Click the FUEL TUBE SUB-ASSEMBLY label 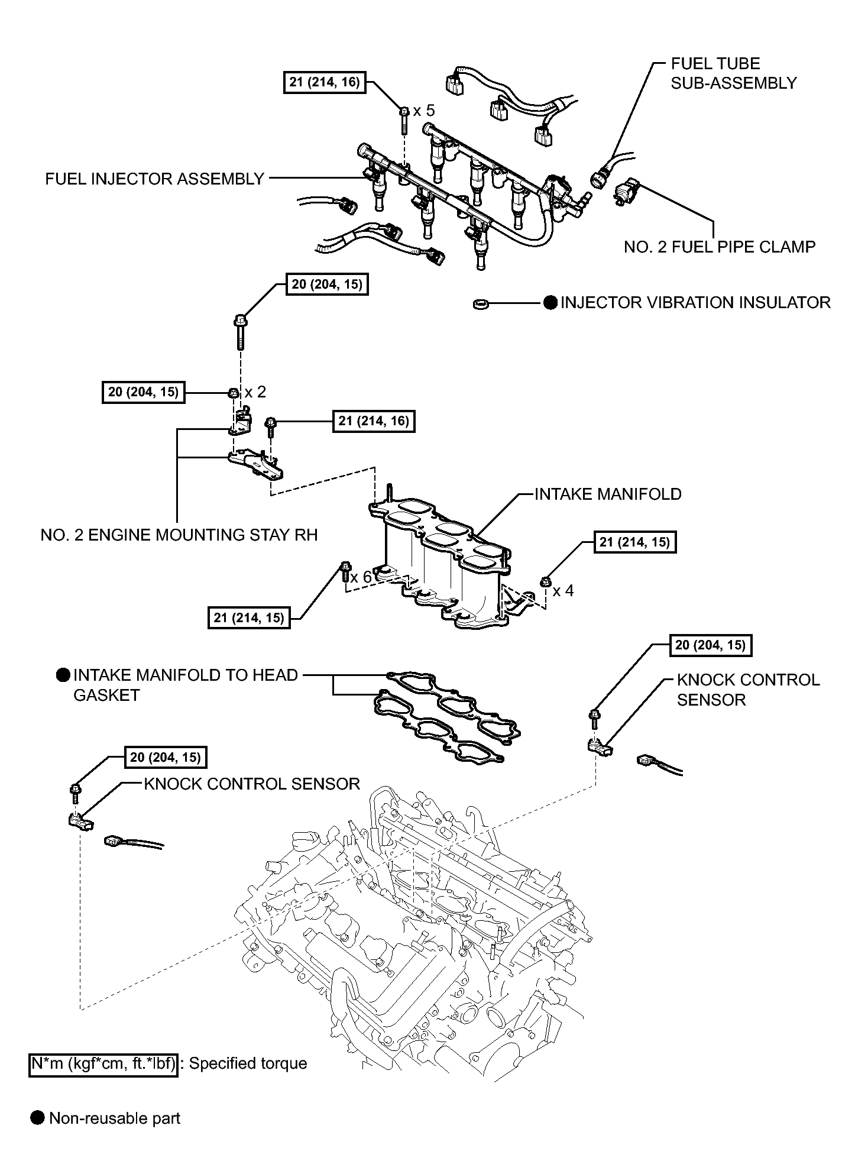[x=734, y=73]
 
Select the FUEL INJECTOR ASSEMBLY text [x=155, y=179]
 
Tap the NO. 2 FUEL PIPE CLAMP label [x=720, y=247]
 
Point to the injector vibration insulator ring [x=481, y=304]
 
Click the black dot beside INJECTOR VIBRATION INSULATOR [x=550, y=303]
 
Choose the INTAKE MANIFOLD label [x=608, y=494]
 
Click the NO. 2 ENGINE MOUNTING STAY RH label [x=179, y=535]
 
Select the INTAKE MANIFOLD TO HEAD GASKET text [x=186, y=685]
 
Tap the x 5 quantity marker [x=424, y=111]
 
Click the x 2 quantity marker [x=255, y=392]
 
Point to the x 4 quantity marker [x=563, y=590]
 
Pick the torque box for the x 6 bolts [x=249, y=618]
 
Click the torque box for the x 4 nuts [x=634, y=542]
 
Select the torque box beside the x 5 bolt [x=325, y=82]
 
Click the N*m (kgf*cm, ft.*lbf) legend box [x=103, y=1063]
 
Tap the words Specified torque [x=248, y=1063]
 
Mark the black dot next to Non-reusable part [x=38, y=1118]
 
